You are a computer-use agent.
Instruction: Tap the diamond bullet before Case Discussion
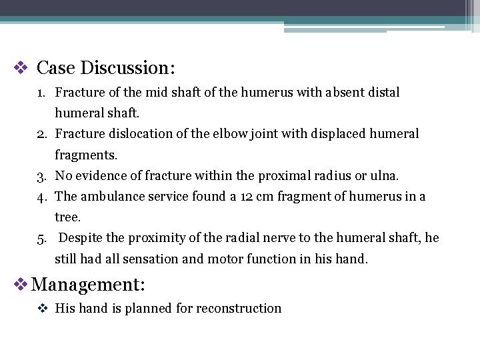click(x=21, y=67)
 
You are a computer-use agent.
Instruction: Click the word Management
click(x=87, y=285)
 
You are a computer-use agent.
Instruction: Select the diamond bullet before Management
click(x=21, y=285)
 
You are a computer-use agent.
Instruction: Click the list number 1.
click(x=41, y=93)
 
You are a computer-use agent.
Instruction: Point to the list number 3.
click(x=41, y=176)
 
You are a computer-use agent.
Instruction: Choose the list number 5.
click(x=41, y=238)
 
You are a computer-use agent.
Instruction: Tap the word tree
click(x=67, y=217)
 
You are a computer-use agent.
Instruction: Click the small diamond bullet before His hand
click(x=42, y=308)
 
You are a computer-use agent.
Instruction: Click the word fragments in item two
click(x=85, y=155)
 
